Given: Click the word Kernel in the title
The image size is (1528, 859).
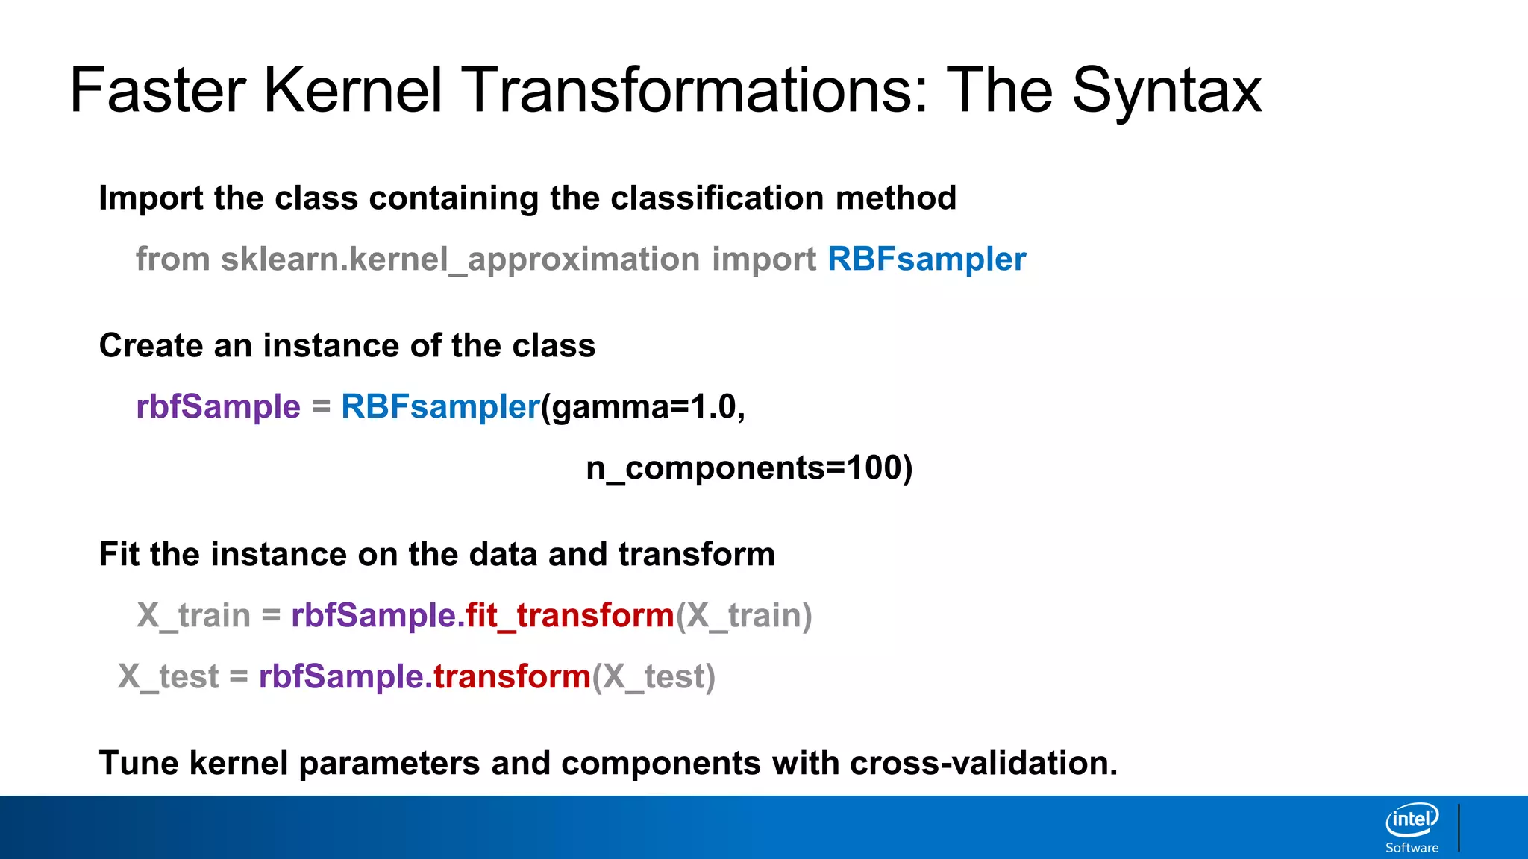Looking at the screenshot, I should pos(353,90).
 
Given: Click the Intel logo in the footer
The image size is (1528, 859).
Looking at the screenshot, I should pos(1412,820).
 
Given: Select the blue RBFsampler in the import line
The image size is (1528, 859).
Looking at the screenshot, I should pos(927,259).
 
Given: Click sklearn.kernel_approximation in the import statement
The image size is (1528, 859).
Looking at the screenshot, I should pos(460,259).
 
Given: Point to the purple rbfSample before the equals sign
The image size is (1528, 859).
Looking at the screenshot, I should pos(218,407).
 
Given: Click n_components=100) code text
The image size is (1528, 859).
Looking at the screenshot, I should pos(749,468).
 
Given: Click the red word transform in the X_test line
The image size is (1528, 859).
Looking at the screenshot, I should pos(513,677).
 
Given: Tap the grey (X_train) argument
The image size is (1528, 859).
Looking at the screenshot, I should pos(744,616).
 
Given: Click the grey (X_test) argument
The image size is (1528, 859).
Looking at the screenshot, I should pos(654,677).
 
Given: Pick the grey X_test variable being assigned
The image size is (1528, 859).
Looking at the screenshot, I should pos(169,677).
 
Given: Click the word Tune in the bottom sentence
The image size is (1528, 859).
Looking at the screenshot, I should pos(139,763).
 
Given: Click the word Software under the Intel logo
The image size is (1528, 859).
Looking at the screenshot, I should pos(1412,848).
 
